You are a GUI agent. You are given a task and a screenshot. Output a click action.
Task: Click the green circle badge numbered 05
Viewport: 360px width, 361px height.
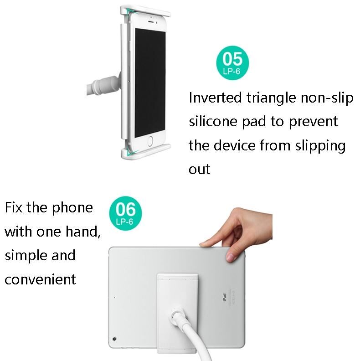[x=232, y=63]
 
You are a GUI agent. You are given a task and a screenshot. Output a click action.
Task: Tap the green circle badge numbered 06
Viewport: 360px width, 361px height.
[x=125, y=213]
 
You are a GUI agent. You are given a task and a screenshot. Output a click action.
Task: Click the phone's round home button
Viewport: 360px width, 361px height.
[x=150, y=141]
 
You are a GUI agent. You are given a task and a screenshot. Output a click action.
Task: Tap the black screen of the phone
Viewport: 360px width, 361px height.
[x=150, y=83]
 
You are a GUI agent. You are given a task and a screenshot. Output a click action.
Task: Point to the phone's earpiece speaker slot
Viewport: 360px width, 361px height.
[x=151, y=21]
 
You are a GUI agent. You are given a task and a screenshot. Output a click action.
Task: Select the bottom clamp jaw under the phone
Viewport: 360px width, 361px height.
[x=146, y=151]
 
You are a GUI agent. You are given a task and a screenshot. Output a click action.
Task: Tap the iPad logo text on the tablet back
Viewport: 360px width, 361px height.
[x=224, y=297]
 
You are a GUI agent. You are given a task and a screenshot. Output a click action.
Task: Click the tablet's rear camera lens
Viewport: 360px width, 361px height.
[x=114, y=339]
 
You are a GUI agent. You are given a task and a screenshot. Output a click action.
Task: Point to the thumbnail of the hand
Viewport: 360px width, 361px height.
[x=230, y=257]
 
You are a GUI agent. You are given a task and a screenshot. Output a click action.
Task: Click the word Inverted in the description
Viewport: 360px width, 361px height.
[x=215, y=98]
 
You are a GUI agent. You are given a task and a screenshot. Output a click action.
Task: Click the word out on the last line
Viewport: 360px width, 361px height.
[x=199, y=170]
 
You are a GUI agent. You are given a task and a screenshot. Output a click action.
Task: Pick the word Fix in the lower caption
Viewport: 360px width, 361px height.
[x=14, y=207]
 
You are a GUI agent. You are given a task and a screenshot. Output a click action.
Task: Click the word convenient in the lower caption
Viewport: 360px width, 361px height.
[x=40, y=279]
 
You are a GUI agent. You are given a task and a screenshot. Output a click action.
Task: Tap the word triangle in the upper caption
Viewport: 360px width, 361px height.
[x=271, y=98]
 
